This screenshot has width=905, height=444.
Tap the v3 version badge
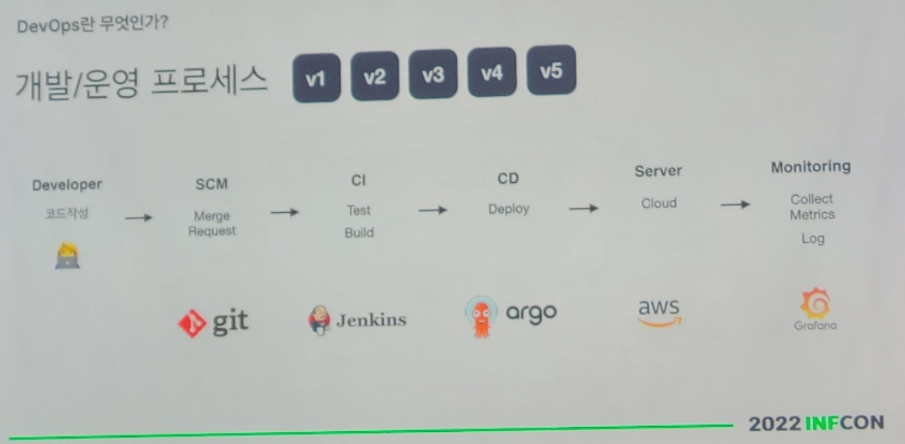pyautogui.click(x=433, y=75)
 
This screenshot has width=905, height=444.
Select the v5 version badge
pyautogui.click(x=550, y=70)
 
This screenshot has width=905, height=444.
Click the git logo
pyautogui.click(x=213, y=322)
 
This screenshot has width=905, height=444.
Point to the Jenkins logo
pyautogui.click(x=357, y=320)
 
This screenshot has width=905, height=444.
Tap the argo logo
pyautogui.click(x=510, y=315)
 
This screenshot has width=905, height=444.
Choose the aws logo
pyautogui.click(x=659, y=312)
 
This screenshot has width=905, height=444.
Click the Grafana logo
pyautogui.click(x=813, y=310)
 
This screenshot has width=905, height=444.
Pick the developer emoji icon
pyautogui.click(x=67, y=256)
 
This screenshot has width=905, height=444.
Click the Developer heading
pyautogui.click(x=67, y=185)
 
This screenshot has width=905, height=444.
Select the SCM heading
pyautogui.click(x=212, y=184)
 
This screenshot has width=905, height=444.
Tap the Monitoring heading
pyautogui.click(x=811, y=167)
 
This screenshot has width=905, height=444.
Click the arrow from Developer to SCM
pyautogui.click(x=138, y=218)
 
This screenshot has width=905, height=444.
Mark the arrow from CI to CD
pyautogui.click(x=433, y=210)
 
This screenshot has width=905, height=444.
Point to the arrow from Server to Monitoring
pyautogui.click(x=734, y=204)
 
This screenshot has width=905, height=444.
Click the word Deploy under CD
pyautogui.click(x=509, y=209)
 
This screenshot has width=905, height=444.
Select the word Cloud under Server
pyautogui.click(x=659, y=204)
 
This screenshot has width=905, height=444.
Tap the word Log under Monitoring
pyautogui.click(x=812, y=239)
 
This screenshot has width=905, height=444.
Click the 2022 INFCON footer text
pyautogui.click(x=815, y=423)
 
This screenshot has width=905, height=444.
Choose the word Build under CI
pyautogui.click(x=359, y=233)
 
